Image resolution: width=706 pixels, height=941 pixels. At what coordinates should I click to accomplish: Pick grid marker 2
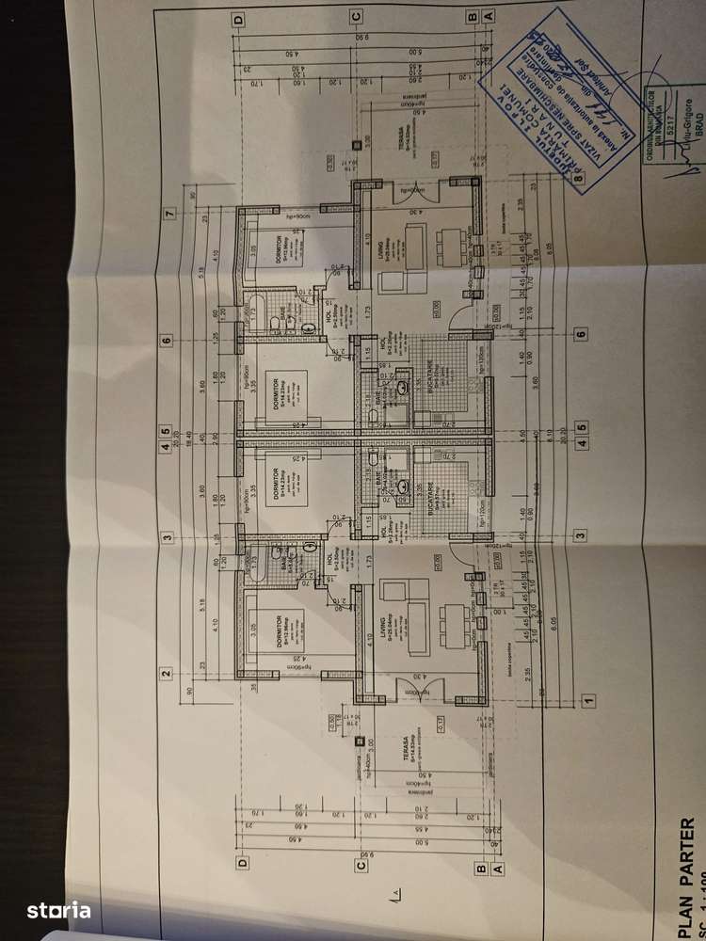coord(167,672)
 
